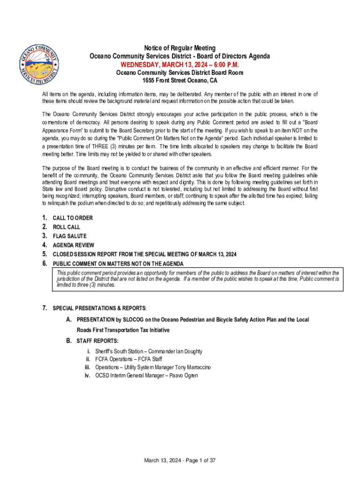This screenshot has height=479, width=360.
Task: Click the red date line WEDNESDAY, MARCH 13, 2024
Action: pos(180,64)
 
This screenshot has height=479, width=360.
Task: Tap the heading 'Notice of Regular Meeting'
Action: pos(180,48)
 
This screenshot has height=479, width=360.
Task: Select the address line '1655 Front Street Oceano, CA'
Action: pos(180,80)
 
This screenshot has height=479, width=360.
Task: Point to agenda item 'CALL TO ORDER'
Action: pos(72,218)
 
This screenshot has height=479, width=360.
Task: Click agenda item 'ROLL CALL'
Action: pos(66,227)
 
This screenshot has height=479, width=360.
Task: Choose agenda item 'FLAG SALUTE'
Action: pos(70,236)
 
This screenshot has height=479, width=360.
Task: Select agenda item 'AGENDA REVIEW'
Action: pos(73,245)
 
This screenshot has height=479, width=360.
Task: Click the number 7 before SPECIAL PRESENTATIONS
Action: pos(44,308)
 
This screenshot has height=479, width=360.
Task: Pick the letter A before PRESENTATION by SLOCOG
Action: pos(69,319)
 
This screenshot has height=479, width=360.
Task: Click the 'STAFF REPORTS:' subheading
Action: pos(98,341)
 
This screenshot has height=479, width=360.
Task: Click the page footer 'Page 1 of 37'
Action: pos(196,461)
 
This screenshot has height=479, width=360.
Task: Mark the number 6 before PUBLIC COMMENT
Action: pos(44,263)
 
